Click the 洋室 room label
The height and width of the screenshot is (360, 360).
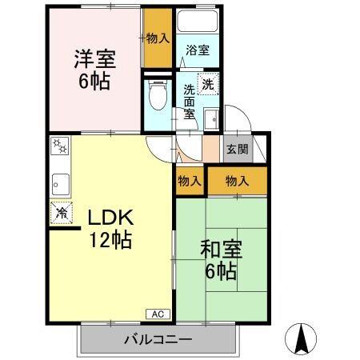pyautogui.click(x=95, y=59)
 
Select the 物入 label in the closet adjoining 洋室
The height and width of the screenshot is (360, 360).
pyautogui.click(x=158, y=38)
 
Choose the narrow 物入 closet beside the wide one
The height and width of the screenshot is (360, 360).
pyautogui.click(x=189, y=182)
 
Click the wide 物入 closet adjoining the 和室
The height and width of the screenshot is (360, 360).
pyautogui.click(x=237, y=182)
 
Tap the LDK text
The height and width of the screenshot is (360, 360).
pyautogui.click(x=109, y=218)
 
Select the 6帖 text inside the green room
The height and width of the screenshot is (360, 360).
pyautogui.click(x=219, y=272)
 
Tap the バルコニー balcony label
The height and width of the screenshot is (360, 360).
pyautogui.click(x=158, y=340)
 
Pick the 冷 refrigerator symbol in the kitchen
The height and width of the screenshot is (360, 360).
pyautogui.click(x=61, y=213)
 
